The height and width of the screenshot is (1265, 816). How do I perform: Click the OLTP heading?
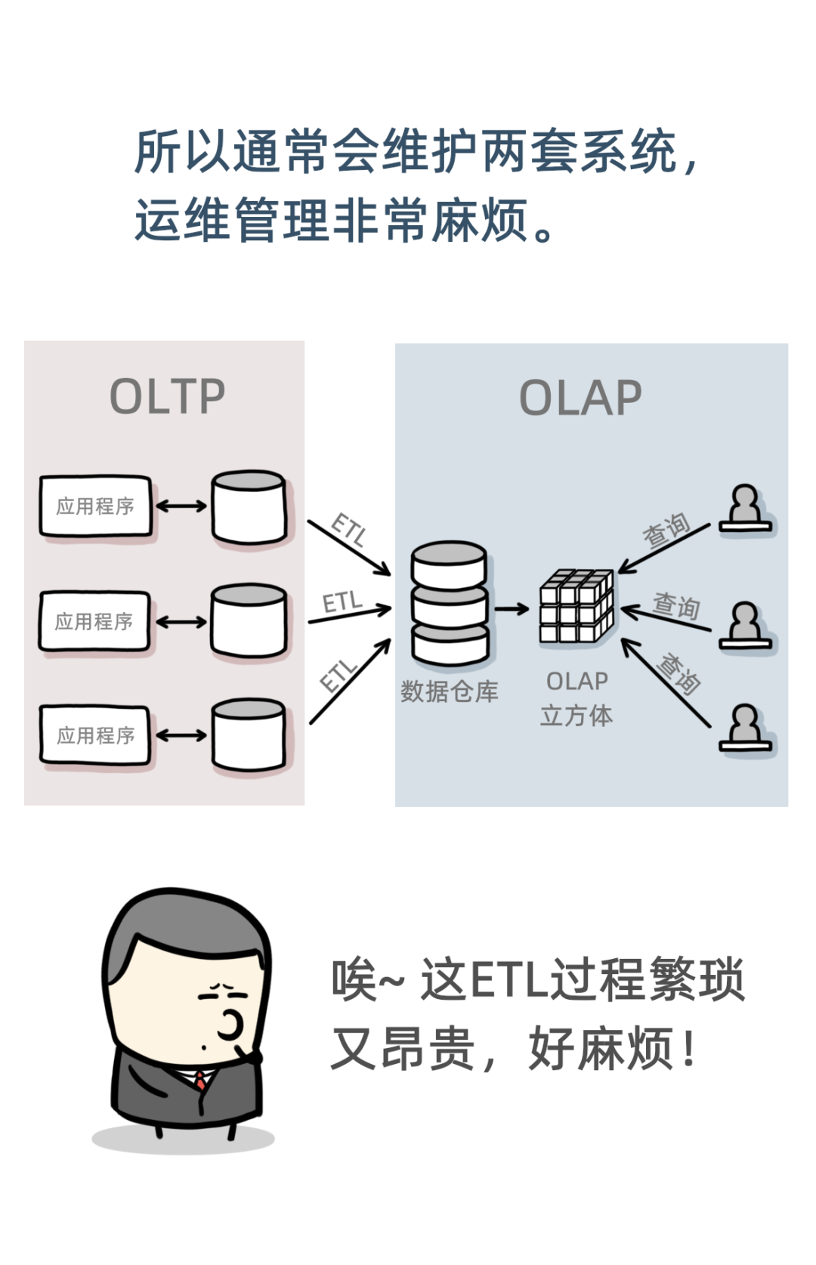pyautogui.click(x=168, y=396)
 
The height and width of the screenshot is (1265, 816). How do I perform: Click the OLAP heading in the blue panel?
pyautogui.click(x=580, y=397)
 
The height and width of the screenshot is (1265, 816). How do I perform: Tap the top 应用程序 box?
pyautogui.click(x=96, y=506)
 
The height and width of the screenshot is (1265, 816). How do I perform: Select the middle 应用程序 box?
pyautogui.click(x=94, y=621)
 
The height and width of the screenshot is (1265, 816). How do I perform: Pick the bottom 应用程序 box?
pyautogui.click(x=95, y=735)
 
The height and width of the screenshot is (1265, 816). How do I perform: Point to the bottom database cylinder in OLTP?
pyautogui.click(x=249, y=735)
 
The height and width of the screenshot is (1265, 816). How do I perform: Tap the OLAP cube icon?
pyautogui.click(x=576, y=606)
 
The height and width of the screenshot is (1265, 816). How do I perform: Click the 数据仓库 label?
pyautogui.click(x=450, y=691)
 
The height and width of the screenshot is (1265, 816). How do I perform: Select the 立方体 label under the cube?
pyautogui.click(x=576, y=715)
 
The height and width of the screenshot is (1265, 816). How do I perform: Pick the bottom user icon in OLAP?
pyautogui.click(x=745, y=728)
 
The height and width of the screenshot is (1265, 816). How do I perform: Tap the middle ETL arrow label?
pyautogui.click(x=342, y=602)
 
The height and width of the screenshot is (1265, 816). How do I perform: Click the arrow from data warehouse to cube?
pyautogui.click(x=512, y=608)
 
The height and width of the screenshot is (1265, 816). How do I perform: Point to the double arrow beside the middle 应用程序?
pyautogui.click(x=181, y=622)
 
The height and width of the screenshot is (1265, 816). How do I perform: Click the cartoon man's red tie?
pyautogui.click(x=201, y=1080)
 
